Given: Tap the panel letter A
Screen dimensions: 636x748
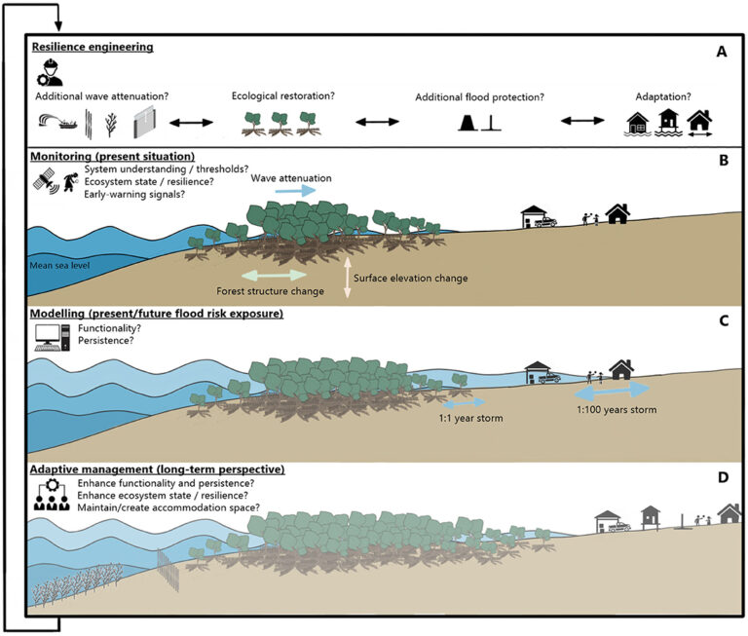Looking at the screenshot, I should (x=722, y=53).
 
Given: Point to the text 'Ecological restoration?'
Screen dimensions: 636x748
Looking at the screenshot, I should (x=282, y=96).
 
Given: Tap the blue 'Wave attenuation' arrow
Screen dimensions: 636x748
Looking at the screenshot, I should (x=295, y=191).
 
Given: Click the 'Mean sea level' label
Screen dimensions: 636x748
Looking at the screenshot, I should (x=61, y=263).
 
